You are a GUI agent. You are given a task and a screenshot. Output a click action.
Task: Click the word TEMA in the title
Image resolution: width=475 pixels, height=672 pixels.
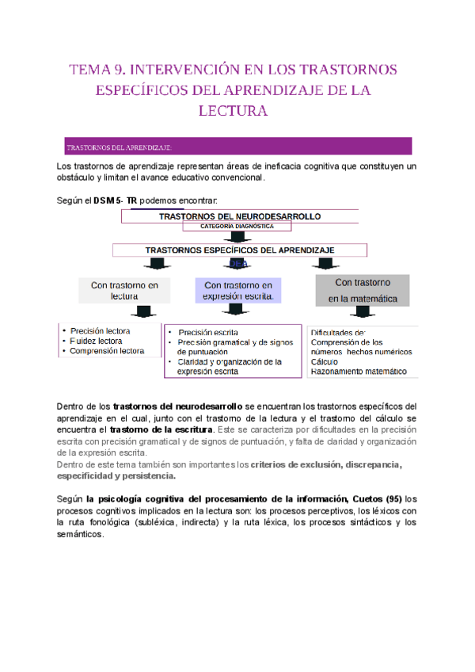[92, 70]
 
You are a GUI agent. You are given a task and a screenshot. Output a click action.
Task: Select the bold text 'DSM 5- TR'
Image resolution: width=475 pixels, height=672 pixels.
[116, 201]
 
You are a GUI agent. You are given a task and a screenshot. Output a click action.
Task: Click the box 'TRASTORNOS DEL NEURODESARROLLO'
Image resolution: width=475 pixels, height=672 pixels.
[239, 216]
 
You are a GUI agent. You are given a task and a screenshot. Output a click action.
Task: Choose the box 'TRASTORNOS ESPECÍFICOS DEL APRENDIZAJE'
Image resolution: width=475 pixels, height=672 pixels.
[239, 250]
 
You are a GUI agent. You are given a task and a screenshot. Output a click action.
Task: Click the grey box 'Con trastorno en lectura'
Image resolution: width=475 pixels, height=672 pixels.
[124, 291]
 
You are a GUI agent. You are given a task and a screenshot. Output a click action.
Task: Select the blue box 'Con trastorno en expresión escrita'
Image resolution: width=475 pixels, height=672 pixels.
[238, 291]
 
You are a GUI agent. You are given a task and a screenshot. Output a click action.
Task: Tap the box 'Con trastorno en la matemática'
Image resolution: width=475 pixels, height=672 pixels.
[361, 290]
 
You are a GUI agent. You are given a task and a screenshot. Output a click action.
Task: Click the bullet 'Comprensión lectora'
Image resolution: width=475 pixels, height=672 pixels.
[107, 351]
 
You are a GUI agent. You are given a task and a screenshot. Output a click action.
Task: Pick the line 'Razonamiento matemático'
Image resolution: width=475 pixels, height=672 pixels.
[359, 371]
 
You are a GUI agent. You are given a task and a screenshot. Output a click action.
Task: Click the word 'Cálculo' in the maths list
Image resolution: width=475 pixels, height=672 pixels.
[325, 361]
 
